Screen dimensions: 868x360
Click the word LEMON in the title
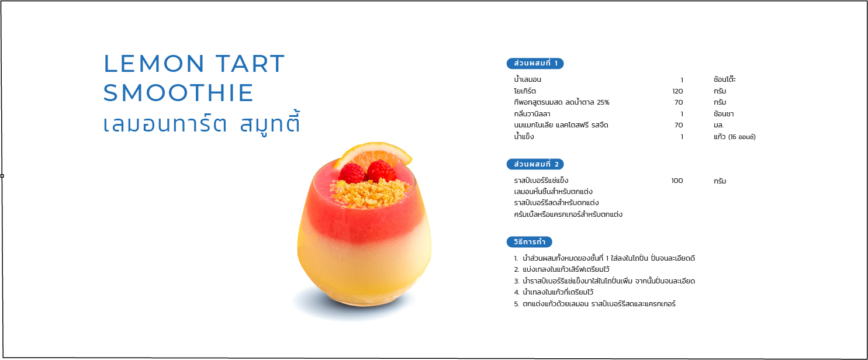[154, 64]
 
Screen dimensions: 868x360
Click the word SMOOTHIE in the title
[178, 93]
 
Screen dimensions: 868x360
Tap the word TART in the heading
[250, 64]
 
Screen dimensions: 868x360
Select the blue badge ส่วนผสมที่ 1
[535, 63]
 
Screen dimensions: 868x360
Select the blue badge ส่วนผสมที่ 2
[535, 164]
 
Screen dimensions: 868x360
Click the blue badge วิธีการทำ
[529, 242]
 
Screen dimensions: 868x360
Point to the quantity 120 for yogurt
[677, 91]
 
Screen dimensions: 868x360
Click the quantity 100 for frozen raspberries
[677, 181]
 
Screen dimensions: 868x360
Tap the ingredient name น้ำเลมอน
[527, 79]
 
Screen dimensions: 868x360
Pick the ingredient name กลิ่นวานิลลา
[532, 114]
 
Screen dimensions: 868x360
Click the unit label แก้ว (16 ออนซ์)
[734, 137]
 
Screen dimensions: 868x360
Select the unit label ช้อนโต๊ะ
[725, 79]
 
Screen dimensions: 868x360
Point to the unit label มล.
[718, 125]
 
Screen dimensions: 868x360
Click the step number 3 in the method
[517, 281]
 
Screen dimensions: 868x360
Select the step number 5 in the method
[517, 304]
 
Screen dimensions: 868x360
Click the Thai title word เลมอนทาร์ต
[165, 124]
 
